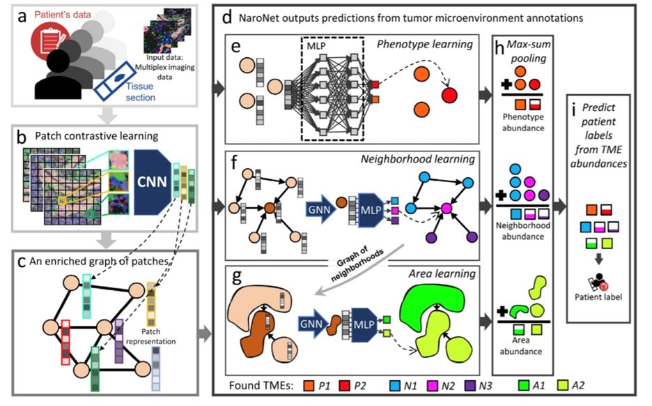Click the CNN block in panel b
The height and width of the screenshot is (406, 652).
pos(152,182)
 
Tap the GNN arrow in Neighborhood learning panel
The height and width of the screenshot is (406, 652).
pos(319,209)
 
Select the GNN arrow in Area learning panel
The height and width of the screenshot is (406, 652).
pos(312,324)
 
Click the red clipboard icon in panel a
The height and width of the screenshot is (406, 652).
pos(50,41)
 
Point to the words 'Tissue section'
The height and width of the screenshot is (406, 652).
pos(140,92)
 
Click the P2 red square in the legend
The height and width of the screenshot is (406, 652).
pos(344,386)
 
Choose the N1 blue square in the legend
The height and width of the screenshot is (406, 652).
pos(394,386)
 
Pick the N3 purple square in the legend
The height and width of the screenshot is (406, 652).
pos(470,386)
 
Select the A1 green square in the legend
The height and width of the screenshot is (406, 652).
pos(524,386)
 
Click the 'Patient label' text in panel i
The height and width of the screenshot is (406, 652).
pos(598,297)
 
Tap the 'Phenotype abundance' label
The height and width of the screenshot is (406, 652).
pos(523,122)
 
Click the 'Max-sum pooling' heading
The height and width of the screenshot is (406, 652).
pos(528,51)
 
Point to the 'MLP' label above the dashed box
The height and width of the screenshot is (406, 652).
pos(316,46)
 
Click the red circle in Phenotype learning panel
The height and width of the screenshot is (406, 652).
pos(449,96)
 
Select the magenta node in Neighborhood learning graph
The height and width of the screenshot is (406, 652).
pos(447,208)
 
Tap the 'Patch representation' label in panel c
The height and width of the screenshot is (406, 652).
pos(150,336)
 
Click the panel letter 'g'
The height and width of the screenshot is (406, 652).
pos(237,276)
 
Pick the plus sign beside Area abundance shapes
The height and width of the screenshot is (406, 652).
pos(502,311)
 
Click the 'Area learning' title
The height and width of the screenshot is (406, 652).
pos(442,273)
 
